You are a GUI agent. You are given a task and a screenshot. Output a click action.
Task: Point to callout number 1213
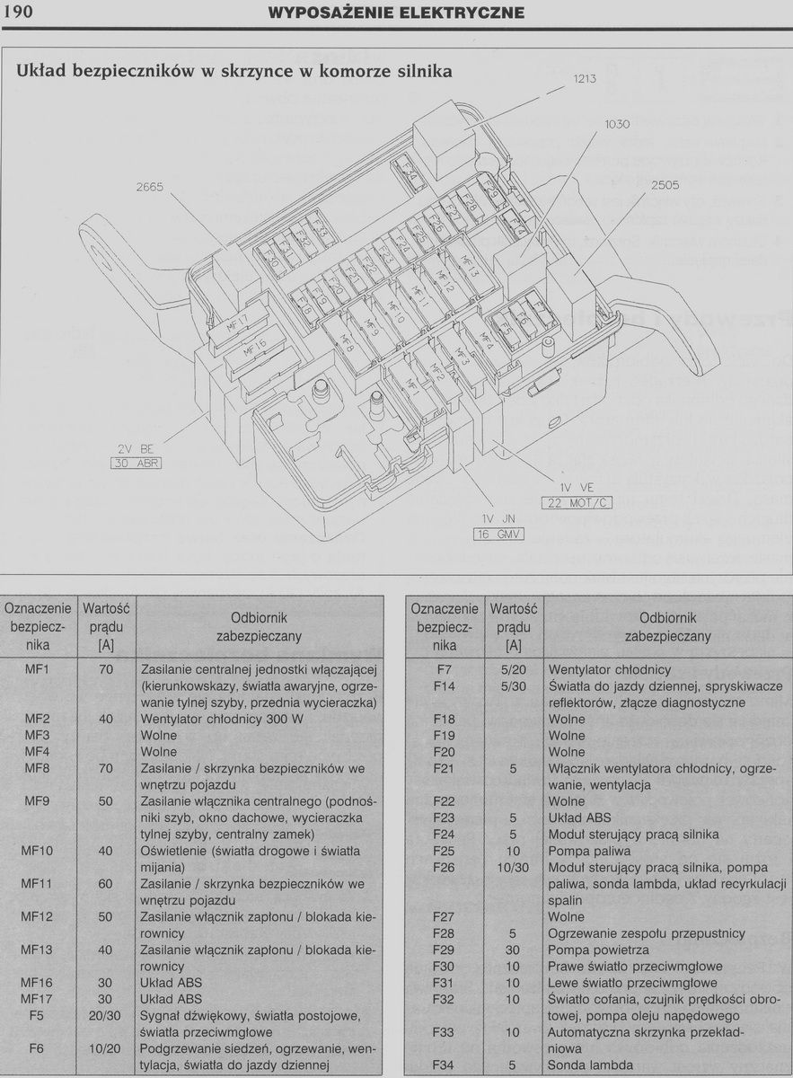[585, 79]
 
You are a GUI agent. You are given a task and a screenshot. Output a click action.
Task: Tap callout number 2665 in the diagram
[150, 187]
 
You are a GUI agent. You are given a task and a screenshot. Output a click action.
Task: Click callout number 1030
[617, 125]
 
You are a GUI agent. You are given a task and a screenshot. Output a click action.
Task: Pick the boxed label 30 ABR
[136, 464]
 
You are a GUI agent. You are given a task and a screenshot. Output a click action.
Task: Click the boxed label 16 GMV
[498, 535]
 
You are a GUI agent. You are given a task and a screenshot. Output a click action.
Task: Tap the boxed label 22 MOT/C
[577, 503]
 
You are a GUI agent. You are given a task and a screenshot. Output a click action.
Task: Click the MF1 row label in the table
[37, 670]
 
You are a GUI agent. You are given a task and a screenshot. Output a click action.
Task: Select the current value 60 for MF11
[105, 884]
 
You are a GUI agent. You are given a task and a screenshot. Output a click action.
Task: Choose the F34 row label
[445, 1065]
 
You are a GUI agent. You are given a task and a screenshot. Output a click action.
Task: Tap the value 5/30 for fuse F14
[513, 686]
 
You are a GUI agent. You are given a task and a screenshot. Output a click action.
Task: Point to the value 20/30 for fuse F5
[105, 1016]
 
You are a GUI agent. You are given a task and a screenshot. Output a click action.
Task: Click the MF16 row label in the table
[37, 983]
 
